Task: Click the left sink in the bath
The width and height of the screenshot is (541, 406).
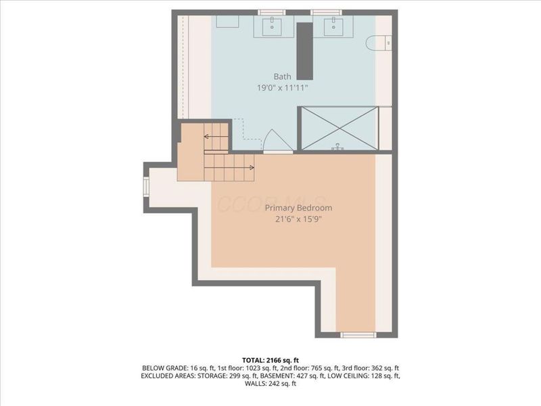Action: coord(273,27)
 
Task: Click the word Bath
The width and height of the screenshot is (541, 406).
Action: coord(282,76)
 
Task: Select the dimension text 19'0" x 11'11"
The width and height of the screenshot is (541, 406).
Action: coord(283,88)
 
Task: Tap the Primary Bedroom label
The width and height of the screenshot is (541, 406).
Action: coord(298,208)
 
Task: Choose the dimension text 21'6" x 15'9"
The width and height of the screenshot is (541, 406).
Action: coord(298,219)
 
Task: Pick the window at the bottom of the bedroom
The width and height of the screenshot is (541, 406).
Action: coord(357,334)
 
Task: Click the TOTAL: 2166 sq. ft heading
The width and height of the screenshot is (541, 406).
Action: coord(270,359)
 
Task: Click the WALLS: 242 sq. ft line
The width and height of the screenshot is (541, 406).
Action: coord(270,383)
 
